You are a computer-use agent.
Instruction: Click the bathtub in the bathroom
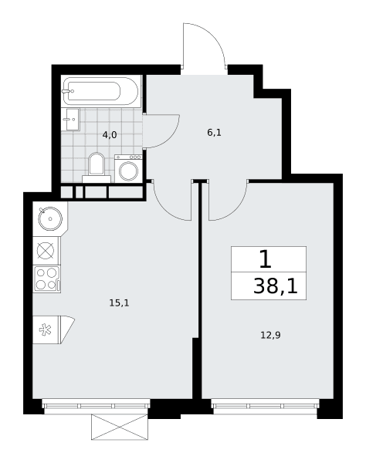pos(100,91)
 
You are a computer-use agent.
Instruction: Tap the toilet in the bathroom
pos(97,167)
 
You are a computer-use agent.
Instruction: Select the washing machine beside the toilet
pos(128,168)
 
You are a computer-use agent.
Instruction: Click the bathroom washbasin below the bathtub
pos(71,120)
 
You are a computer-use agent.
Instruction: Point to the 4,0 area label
pos(110,135)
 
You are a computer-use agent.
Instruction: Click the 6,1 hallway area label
pos(214,133)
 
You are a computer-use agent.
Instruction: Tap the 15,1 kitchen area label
pos(120,302)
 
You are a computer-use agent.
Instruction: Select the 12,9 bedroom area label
pos(270,335)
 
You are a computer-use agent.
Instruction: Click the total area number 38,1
pos(276,286)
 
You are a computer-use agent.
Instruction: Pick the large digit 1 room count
pos(265,259)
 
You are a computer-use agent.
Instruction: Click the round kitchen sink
pos(50,218)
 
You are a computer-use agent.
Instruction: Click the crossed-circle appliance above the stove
pos(46,251)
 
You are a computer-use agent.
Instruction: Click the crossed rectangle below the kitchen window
pos(120,427)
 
